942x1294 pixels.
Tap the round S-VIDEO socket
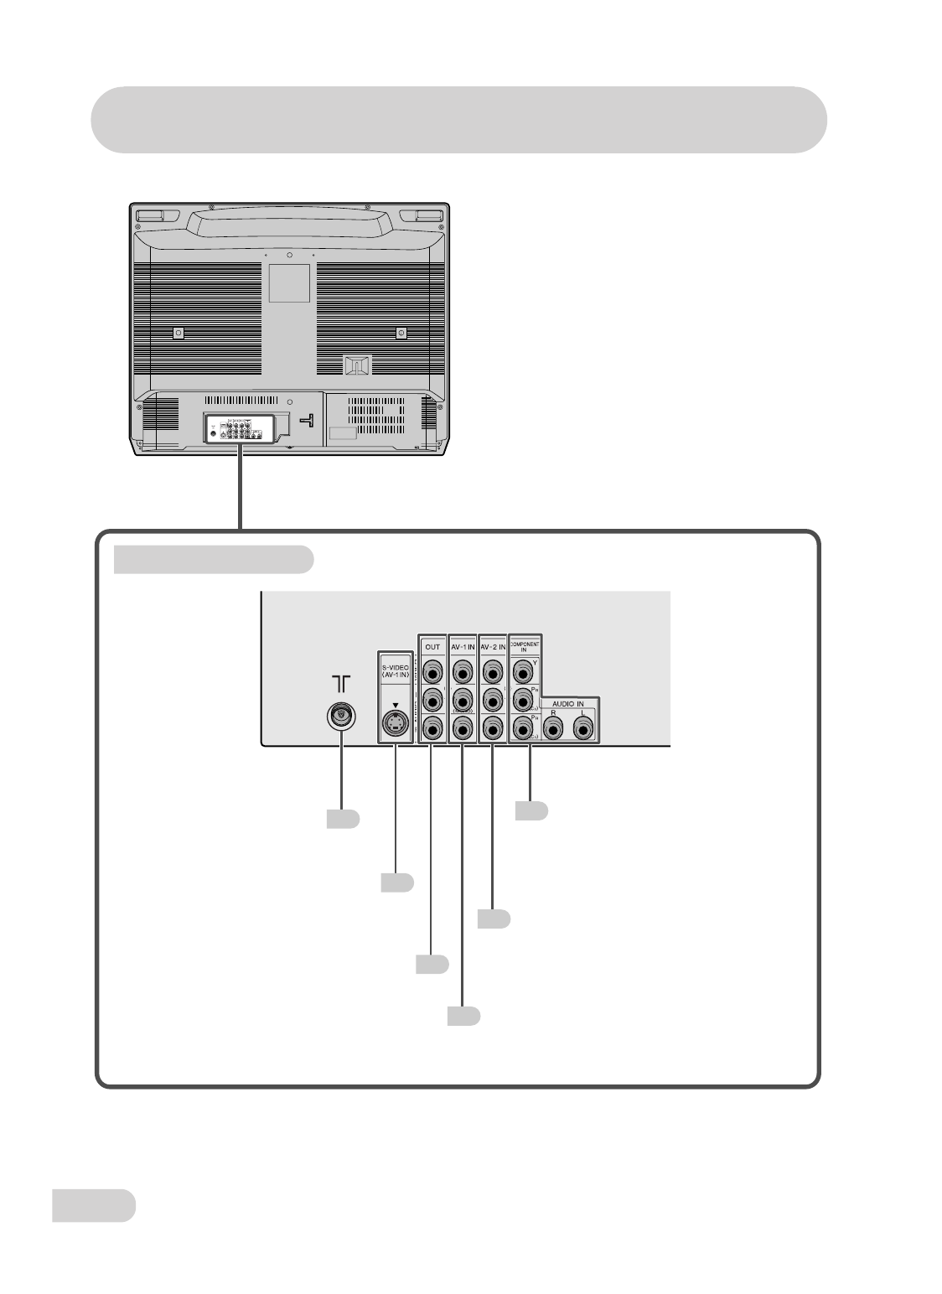(x=394, y=722)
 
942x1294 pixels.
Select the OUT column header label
(x=432, y=646)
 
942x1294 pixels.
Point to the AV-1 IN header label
(x=463, y=646)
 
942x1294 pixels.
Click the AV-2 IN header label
(x=493, y=646)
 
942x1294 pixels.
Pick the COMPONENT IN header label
(x=527, y=646)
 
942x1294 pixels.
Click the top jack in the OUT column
(x=432, y=672)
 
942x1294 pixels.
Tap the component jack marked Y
(x=525, y=670)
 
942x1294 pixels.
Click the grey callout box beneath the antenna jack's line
(x=344, y=819)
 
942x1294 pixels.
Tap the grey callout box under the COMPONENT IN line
(x=531, y=810)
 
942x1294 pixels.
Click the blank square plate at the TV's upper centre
(x=289, y=283)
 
